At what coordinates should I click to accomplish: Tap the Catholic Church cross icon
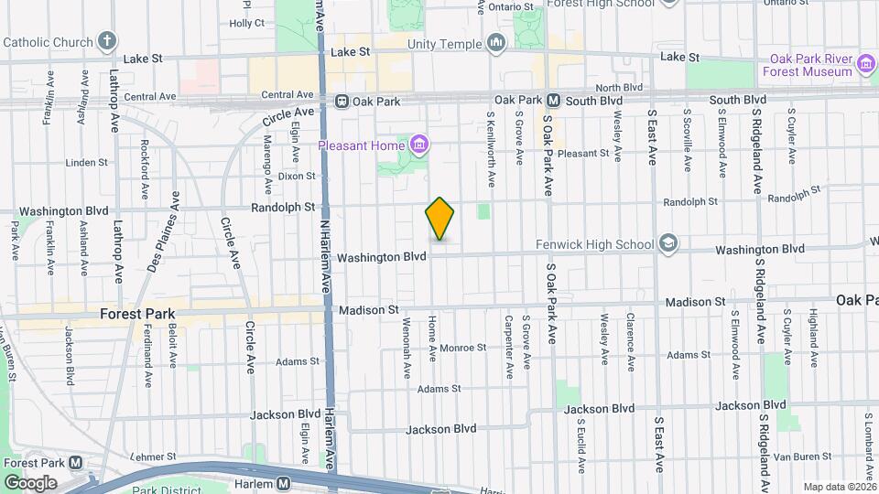[108, 41]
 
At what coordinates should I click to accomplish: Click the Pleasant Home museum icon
[420, 144]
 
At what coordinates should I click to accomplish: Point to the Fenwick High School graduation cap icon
[668, 244]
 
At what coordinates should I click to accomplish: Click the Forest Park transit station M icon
[75, 463]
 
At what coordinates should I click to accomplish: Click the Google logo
[30, 482]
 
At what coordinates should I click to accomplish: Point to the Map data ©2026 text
[839, 487]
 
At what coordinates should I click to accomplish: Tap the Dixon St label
[296, 176]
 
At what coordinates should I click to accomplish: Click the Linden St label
[87, 163]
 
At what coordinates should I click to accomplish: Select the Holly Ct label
[246, 23]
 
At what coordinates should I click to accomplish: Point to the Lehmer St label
[153, 456]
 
